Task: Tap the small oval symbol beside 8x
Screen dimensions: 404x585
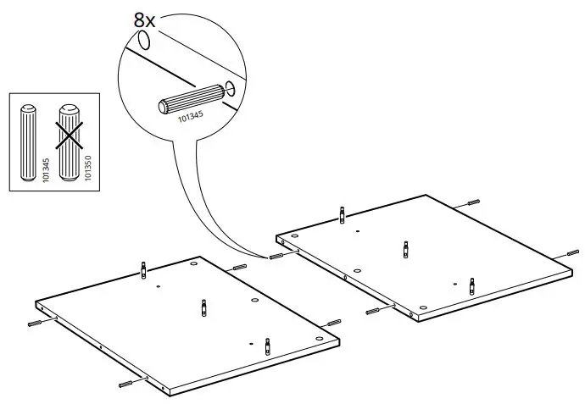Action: coord(145,40)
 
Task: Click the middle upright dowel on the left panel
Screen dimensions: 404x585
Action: coord(203,307)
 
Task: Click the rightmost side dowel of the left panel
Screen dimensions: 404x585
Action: coord(333,324)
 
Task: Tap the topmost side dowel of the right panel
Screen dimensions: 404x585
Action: coord(473,204)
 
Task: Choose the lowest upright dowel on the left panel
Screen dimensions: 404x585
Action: coord(268,346)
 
